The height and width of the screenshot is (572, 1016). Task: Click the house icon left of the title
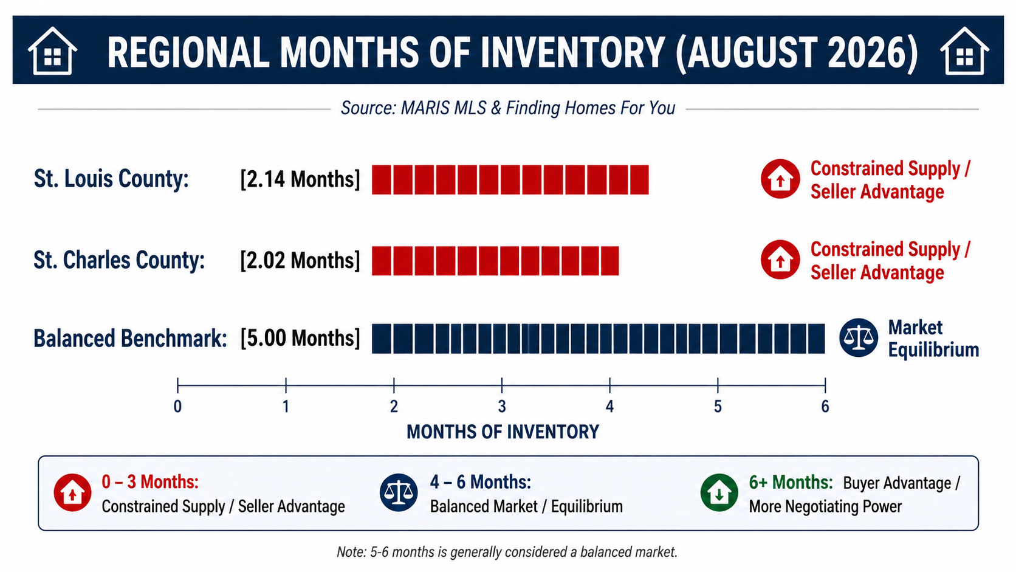(52, 51)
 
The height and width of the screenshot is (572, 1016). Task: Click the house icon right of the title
(964, 51)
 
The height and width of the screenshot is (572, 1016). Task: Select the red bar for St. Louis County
(510, 180)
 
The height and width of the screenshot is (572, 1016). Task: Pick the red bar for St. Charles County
(495, 261)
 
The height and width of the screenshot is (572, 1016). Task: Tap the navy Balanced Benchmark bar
(599, 339)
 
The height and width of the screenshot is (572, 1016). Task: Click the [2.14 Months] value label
(300, 179)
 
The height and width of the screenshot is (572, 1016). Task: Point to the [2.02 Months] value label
(300, 260)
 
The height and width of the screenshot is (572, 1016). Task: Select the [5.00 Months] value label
(300, 339)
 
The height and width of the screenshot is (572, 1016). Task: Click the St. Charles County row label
(119, 260)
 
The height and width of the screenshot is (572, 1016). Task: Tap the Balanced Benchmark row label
(130, 339)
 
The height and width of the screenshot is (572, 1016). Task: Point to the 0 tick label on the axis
(178, 407)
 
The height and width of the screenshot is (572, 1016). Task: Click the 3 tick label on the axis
(502, 407)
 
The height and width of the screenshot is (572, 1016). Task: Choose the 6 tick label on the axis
(825, 407)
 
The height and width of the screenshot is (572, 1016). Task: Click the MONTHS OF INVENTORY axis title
(503, 432)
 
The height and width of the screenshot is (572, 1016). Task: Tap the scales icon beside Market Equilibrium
(859, 338)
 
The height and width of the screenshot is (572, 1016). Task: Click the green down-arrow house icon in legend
(719, 492)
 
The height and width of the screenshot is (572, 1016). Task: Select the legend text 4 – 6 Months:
(480, 482)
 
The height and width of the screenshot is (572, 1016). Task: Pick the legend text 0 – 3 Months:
(150, 482)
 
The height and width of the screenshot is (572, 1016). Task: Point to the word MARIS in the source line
(420, 108)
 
